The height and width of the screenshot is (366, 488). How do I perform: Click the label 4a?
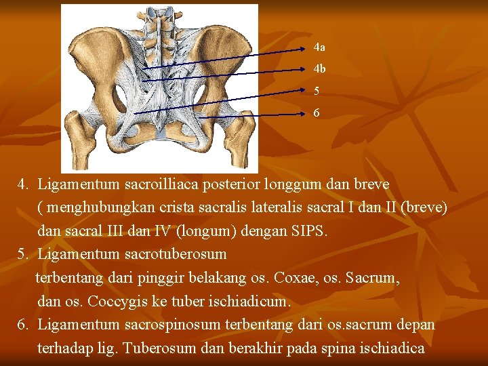(x=319, y=48)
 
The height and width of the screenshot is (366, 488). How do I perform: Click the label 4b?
(x=319, y=69)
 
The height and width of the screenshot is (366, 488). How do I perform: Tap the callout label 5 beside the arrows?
(x=317, y=91)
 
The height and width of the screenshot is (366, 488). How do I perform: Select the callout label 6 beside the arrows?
(x=317, y=113)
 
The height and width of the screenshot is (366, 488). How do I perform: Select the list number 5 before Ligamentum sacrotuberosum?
(x=22, y=254)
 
